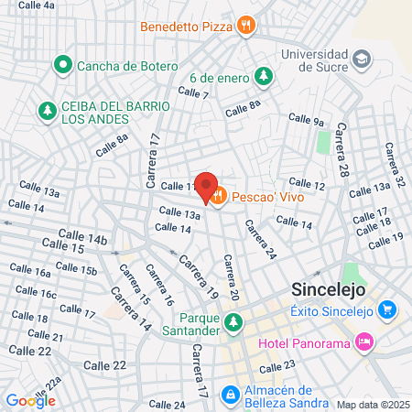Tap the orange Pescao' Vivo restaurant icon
click(218, 194)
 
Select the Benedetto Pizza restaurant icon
click(244, 26)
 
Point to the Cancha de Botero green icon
click(62, 65)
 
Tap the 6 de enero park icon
click(264, 75)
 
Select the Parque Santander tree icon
click(233, 321)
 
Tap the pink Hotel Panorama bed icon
click(364, 342)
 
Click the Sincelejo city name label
click(329, 288)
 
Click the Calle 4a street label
click(37, 5)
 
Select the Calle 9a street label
click(307, 119)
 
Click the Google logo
click(31, 400)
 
